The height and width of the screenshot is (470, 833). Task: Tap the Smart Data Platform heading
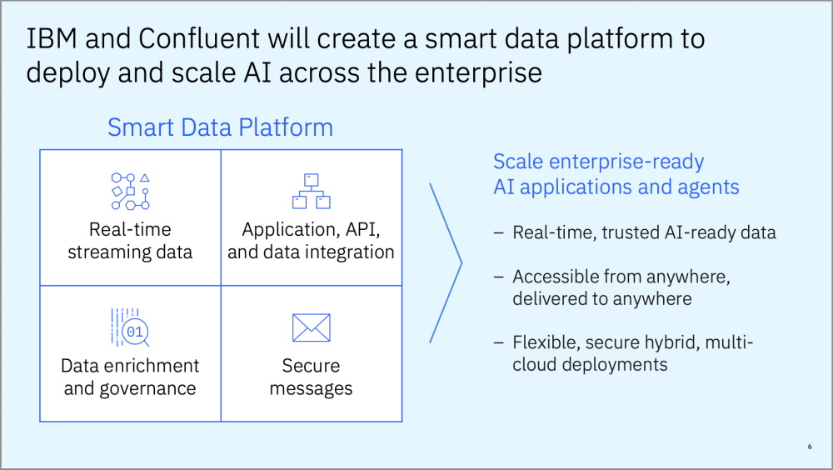[x=220, y=127]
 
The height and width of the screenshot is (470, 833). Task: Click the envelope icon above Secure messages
[x=311, y=328]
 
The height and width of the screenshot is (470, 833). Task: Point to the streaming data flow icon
[x=130, y=191]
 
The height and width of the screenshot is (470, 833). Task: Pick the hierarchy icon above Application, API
[x=311, y=191]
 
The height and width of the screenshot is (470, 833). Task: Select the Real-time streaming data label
[x=130, y=240]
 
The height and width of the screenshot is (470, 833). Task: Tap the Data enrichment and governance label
[x=130, y=377]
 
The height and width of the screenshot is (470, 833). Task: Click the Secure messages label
[x=311, y=377]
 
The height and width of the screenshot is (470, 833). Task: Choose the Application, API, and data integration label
[x=311, y=240]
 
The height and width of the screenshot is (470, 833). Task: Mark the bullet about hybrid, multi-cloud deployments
[x=632, y=353]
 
